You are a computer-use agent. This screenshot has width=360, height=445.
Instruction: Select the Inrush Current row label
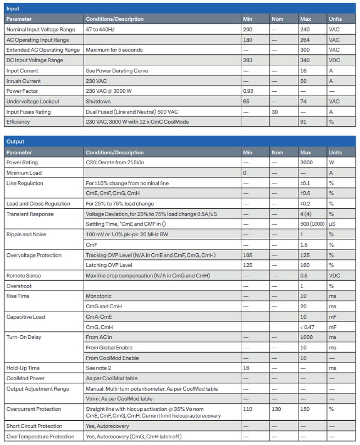point(23,81)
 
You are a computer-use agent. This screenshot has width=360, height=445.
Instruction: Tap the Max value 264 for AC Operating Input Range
point(305,40)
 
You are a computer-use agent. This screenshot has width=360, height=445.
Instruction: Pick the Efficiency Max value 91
point(303,122)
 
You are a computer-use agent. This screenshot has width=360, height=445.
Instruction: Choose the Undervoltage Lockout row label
point(33,102)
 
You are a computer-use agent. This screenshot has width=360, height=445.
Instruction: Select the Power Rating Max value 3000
point(306,162)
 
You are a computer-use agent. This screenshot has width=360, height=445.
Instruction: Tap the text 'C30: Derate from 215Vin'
point(113,162)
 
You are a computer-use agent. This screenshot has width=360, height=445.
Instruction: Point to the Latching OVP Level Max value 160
point(305,265)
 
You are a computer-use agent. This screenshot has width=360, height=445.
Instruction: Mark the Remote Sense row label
point(23,275)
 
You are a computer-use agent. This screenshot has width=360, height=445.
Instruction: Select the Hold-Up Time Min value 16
point(246,368)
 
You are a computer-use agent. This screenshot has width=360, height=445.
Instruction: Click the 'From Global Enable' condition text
point(109,347)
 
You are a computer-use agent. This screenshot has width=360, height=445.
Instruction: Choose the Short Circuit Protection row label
point(34,426)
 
